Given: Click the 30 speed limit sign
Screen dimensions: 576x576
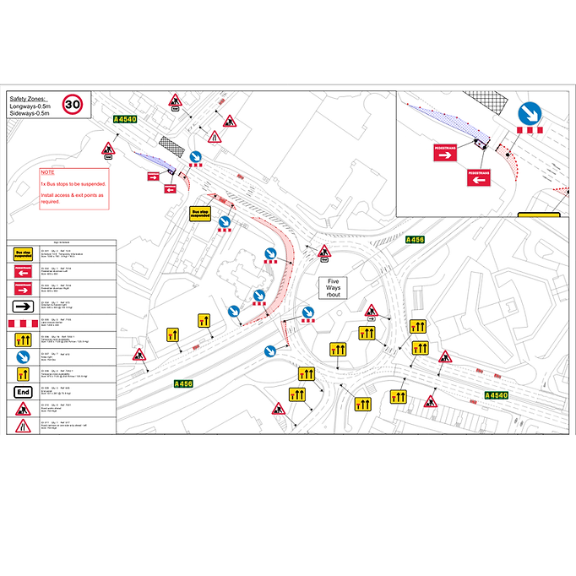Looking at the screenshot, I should coord(74,104).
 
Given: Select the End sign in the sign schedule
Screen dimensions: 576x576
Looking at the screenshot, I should coord(23,391).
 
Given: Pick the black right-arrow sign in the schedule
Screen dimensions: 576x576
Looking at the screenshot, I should coord(23,306).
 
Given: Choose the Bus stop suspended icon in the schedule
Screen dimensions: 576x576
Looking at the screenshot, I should coord(23,251).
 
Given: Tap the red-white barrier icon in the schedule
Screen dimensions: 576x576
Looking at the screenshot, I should coord(23,323).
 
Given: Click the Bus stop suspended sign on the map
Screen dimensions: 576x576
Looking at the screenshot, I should coord(199,214).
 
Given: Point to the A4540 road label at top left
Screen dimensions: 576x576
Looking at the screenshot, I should coord(125,119).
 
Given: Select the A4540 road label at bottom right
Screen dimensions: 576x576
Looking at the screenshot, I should coord(497,394).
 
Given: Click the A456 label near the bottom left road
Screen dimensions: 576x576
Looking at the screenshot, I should coord(183,384).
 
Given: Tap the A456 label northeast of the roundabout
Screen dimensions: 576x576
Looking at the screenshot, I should coord(415,240).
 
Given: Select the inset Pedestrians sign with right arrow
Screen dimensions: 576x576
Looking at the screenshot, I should coord(446,153).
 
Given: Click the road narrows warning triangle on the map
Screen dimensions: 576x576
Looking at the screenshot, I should coord(215,134).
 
